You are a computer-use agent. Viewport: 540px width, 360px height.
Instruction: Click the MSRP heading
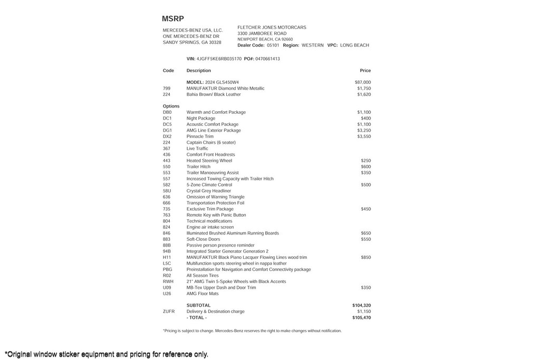[x=173, y=19]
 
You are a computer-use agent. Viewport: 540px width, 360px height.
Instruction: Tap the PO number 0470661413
[x=267, y=59]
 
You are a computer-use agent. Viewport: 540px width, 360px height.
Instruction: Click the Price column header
[x=365, y=71]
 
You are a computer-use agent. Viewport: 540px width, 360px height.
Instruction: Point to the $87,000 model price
[x=363, y=82]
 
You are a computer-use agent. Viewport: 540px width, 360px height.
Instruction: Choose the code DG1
[x=167, y=130]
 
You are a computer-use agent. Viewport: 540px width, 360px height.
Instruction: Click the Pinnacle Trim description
[x=200, y=137]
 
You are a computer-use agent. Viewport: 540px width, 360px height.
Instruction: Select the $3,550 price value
[x=364, y=137]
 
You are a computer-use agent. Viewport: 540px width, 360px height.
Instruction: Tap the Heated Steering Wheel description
[x=209, y=161]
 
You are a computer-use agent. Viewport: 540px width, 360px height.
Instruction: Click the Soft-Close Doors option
[x=203, y=239]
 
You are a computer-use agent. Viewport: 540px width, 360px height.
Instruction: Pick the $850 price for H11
[x=366, y=257]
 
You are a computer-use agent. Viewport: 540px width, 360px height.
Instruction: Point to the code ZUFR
[x=168, y=312]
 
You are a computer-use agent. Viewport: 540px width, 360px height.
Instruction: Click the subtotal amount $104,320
[x=361, y=305]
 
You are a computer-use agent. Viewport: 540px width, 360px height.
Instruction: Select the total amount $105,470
[x=361, y=318]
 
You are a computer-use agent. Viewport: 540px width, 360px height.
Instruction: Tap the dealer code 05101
[x=273, y=45]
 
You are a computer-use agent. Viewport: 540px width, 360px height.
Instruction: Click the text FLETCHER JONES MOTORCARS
[x=272, y=27]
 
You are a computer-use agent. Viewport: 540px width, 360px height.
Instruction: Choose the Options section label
[x=171, y=106]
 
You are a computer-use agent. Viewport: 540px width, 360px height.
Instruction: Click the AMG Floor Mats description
[x=202, y=294]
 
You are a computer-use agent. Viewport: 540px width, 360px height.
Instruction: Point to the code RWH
[x=168, y=281]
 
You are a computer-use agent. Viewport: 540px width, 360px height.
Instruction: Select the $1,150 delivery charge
[x=364, y=312]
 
